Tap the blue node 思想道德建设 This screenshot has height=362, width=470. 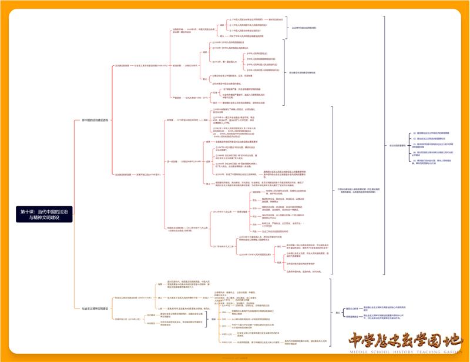pyautogui.click(x=352, y=317)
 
